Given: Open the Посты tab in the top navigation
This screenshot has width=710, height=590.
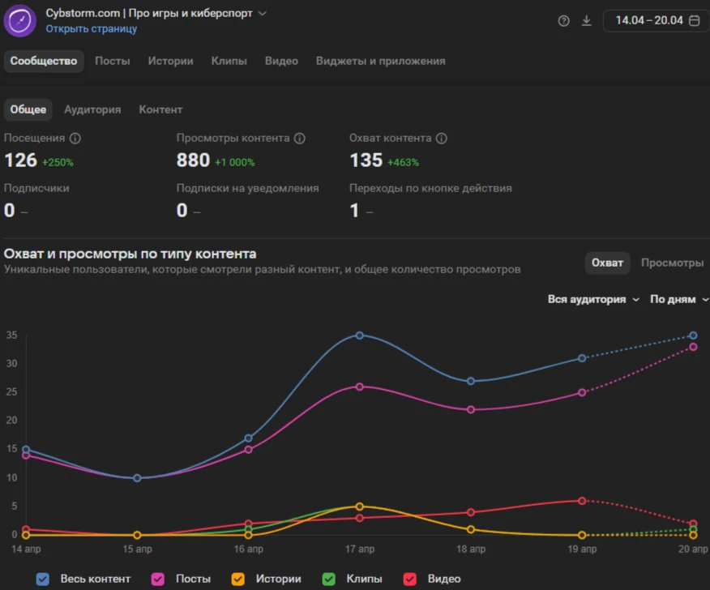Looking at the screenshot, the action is tap(113, 61).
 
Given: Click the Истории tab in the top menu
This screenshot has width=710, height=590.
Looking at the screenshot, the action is tap(170, 61).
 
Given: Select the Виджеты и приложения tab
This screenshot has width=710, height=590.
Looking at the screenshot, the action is tap(380, 61).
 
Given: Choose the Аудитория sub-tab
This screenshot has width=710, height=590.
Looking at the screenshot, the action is tap(92, 109).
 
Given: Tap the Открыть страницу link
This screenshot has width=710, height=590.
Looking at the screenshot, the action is tap(91, 28).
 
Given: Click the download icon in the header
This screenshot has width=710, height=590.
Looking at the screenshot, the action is tap(586, 21).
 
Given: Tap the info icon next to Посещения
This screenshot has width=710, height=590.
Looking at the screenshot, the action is tap(75, 138).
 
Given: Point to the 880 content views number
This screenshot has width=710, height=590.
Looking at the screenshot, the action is tap(193, 160).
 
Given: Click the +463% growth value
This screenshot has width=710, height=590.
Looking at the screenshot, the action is tap(403, 162).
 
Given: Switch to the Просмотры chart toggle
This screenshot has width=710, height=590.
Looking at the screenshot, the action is tap(672, 263).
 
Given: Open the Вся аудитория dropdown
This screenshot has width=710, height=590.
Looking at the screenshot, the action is tap(593, 299).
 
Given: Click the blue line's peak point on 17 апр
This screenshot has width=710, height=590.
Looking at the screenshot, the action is tap(360, 336).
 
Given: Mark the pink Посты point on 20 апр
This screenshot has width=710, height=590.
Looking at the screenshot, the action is tap(693, 347).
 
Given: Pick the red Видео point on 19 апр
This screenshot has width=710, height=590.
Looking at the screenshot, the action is tap(582, 501).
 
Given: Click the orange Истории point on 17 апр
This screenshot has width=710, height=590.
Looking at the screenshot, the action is tap(360, 507).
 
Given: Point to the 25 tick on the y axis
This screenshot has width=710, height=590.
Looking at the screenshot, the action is tap(12, 391).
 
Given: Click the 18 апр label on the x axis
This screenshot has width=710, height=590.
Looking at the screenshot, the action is tap(471, 549).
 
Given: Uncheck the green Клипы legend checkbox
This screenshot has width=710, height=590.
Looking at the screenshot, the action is tap(329, 579).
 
